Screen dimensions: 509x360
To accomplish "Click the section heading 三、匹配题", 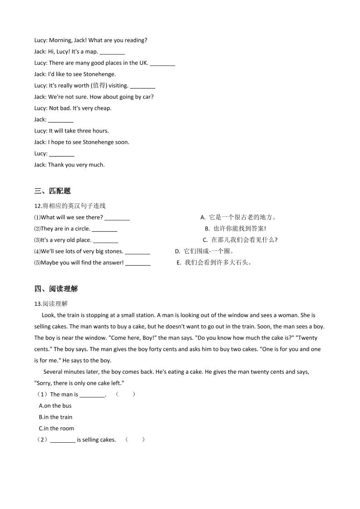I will tap(52, 191).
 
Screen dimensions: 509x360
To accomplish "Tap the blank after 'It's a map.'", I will tap(112, 52).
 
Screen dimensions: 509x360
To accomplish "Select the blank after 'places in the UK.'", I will tap(162, 63).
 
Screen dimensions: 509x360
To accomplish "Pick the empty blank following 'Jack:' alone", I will tap(60, 120).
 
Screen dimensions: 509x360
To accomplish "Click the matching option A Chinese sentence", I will tap(238, 217).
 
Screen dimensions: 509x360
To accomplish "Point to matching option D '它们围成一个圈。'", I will tap(204, 251).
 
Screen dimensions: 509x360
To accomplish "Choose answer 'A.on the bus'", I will tap(55, 406).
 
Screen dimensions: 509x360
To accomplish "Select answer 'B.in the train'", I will tap(56, 417).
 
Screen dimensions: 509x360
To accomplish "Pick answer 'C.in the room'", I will tap(57, 429).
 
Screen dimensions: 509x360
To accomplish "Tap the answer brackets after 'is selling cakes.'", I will tap(135, 440).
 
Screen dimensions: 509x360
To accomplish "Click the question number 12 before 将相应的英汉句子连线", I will tap(38, 206).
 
